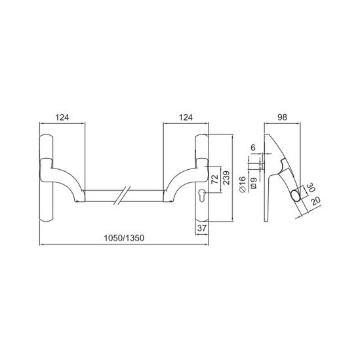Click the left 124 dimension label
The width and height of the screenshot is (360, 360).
coord(62,117)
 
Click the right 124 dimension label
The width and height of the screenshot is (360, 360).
coord(186,117)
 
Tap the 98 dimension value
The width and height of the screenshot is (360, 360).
coord(282,117)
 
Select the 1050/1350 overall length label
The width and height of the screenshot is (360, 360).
coord(124,238)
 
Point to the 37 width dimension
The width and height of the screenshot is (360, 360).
coord(202,228)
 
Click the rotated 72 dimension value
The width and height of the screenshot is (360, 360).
coord(214,179)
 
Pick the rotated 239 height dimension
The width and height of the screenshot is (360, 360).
coord(226,178)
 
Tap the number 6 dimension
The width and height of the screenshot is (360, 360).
coord(253,148)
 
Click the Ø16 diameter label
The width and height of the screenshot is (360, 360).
coord(243,184)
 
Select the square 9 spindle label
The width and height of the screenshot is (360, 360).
coord(254,183)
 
